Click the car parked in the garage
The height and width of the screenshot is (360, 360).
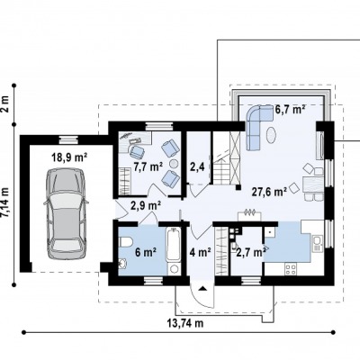tap(66, 213)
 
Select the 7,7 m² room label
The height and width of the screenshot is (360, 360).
tap(148, 166)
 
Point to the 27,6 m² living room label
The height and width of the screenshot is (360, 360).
tap(269, 191)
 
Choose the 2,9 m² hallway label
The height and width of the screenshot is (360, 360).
tap(146, 206)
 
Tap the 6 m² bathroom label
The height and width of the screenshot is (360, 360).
tap(145, 252)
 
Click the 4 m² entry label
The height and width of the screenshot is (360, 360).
tap(200, 252)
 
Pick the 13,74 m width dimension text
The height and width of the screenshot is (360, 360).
tap(185, 323)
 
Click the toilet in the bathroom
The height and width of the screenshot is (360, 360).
tap(126, 242)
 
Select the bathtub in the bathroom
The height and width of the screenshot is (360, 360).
tap(174, 246)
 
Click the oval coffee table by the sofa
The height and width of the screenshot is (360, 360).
tap(272, 136)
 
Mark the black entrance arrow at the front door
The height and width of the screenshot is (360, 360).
tap(202, 288)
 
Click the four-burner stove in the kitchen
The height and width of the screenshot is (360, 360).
tap(291, 269)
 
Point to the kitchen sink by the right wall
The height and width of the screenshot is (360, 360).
tap(317, 243)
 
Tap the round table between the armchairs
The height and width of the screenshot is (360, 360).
tap(174, 164)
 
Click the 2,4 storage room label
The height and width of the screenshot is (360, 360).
tap(197, 166)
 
